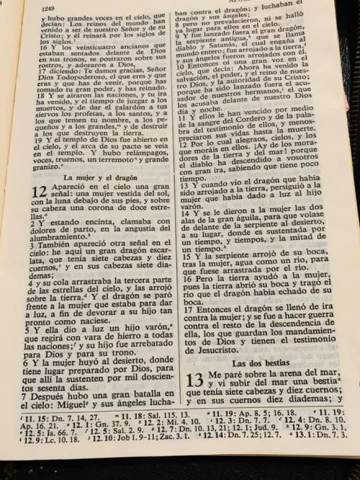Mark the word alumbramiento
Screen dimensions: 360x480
[x=45, y=255]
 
